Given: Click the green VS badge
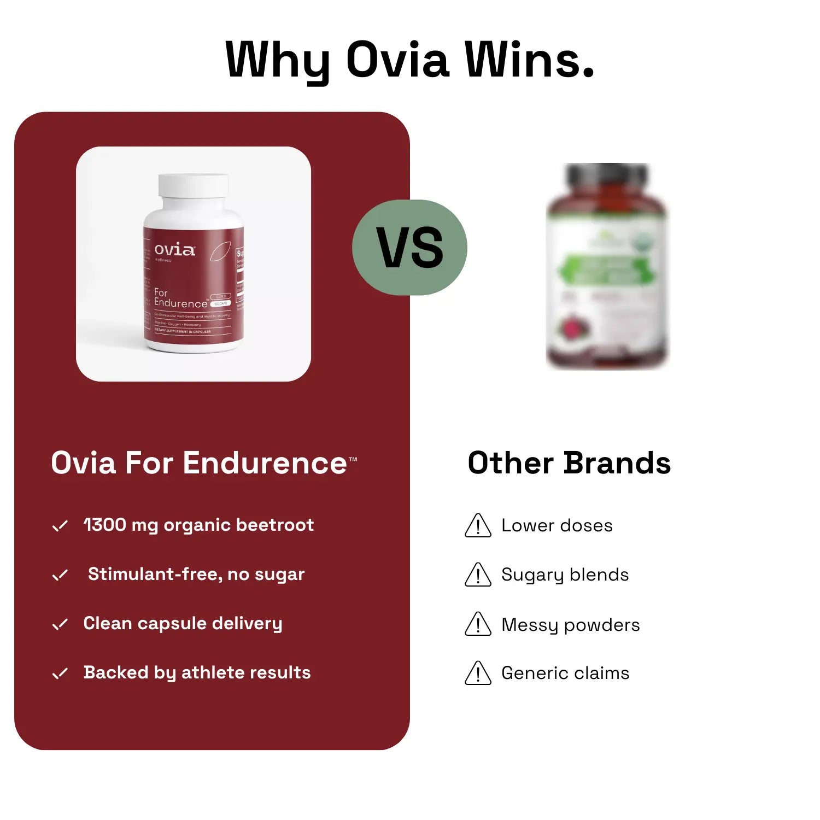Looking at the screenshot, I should click(x=410, y=248).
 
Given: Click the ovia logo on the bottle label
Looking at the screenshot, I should click(x=174, y=250).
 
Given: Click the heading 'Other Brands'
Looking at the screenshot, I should click(x=569, y=463).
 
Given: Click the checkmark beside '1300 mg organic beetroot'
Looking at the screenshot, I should click(x=60, y=526).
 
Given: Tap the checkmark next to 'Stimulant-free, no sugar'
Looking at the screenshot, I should click(x=60, y=575).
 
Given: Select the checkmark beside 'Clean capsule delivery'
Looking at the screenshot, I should click(x=60, y=624).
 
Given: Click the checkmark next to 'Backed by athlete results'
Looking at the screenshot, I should click(x=60, y=673).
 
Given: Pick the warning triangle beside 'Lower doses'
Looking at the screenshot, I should click(x=478, y=526).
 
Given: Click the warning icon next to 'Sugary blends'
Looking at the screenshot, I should click(x=478, y=576).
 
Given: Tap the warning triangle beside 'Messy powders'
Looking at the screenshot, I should click(x=478, y=625).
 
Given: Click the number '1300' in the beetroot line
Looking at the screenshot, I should click(x=105, y=525).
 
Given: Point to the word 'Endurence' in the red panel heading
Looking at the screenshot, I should click(x=265, y=464).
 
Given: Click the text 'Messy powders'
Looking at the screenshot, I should click(x=570, y=624).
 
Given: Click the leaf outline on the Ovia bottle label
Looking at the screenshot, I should click(x=220, y=251).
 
